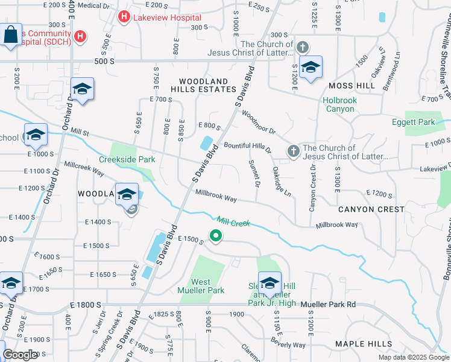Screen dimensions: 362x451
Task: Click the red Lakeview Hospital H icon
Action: coord(124,17)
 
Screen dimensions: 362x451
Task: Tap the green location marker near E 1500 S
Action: coord(215,236)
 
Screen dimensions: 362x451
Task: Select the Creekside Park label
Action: coord(127,159)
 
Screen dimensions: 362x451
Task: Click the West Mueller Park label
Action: coord(209,286)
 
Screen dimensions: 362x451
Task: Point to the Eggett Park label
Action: coord(419,122)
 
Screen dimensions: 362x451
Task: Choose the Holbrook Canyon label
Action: coord(339,104)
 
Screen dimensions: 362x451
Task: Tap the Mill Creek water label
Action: coord(233,223)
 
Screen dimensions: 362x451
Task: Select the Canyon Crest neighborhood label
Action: coord(371,209)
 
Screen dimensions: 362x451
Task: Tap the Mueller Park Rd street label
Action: coord(329,305)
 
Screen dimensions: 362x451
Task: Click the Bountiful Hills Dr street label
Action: coord(247,147)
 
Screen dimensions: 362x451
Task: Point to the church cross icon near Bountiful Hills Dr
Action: coord(294,150)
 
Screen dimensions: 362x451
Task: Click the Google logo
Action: coord(20,355)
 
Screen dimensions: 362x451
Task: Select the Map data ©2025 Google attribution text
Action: coord(414,357)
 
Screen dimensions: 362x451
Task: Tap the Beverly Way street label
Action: coord(288,345)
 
